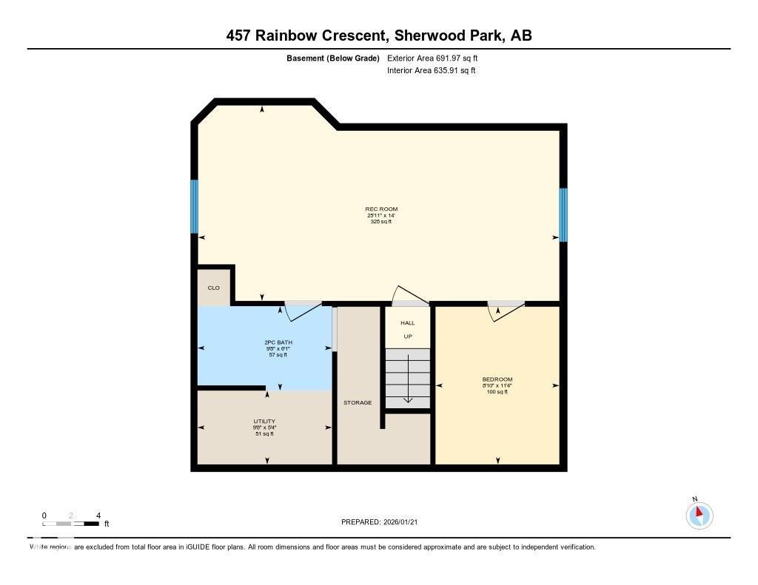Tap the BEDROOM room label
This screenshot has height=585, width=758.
click(x=497, y=379)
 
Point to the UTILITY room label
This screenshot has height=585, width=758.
click(x=264, y=422)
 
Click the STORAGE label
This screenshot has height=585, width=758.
click(x=358, y=402)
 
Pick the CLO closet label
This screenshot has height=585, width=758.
click(x=213, y=288)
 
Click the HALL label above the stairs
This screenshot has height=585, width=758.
click(x=407, y=323)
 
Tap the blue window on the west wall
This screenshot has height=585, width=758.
click(x=195, y=206)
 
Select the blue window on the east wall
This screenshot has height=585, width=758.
click(x=563, y=214)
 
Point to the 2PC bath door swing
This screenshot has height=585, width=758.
click(x=301, y=312)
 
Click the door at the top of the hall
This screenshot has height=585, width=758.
click(x=410, y=295)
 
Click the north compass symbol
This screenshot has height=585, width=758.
click(x=699, y=514)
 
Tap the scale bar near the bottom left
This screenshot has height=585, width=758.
click(x=71, y=523)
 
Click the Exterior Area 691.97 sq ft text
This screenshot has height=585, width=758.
click(x=437, y=58)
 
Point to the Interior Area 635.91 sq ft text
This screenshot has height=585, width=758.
click(x=431, y=71)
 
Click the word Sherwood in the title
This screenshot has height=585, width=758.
click(x=429, y=35)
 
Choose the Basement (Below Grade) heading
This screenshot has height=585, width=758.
click(x=332, y=58)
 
